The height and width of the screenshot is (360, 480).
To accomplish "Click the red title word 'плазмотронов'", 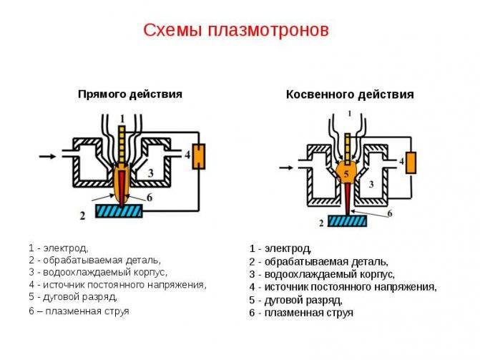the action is click(x=269, y=31).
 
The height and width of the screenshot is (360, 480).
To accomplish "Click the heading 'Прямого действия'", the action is click(x=130, y=94).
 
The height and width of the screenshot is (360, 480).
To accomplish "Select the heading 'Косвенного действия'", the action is click(x=350, y=94).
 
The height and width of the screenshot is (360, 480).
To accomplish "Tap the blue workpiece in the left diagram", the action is click(x=119, y=211).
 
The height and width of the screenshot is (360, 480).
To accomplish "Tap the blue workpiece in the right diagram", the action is click(x=348, y=220).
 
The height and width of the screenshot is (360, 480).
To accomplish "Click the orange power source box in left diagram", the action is click(x=199, y=156).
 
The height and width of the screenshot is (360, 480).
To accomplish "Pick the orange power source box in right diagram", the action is click(x=411, y=162).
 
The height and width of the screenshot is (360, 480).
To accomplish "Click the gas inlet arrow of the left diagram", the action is click(x=48, y=157).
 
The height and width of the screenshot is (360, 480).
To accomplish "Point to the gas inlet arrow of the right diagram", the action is click(x=286, y=167).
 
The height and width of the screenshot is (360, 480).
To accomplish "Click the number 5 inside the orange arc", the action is click(x=346, y=174).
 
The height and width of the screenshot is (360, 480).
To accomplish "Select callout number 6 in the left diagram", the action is click(x=150, y=198).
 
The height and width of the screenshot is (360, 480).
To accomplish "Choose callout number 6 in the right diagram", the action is click(x=390, y=213).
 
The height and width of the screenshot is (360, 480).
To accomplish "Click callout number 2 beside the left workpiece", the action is click(x=82, y=216).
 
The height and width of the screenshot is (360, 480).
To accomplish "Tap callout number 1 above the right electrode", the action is click(x=350, y=114).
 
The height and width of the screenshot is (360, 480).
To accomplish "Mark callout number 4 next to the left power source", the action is click(x=187, y=155).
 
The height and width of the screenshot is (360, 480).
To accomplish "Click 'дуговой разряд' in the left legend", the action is click(x=80, y=297).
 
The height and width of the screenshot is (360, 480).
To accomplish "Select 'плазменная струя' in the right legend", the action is click(x=309, y=313).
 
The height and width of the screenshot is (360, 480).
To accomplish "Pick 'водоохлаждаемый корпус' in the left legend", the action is click(x=105, y=272).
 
